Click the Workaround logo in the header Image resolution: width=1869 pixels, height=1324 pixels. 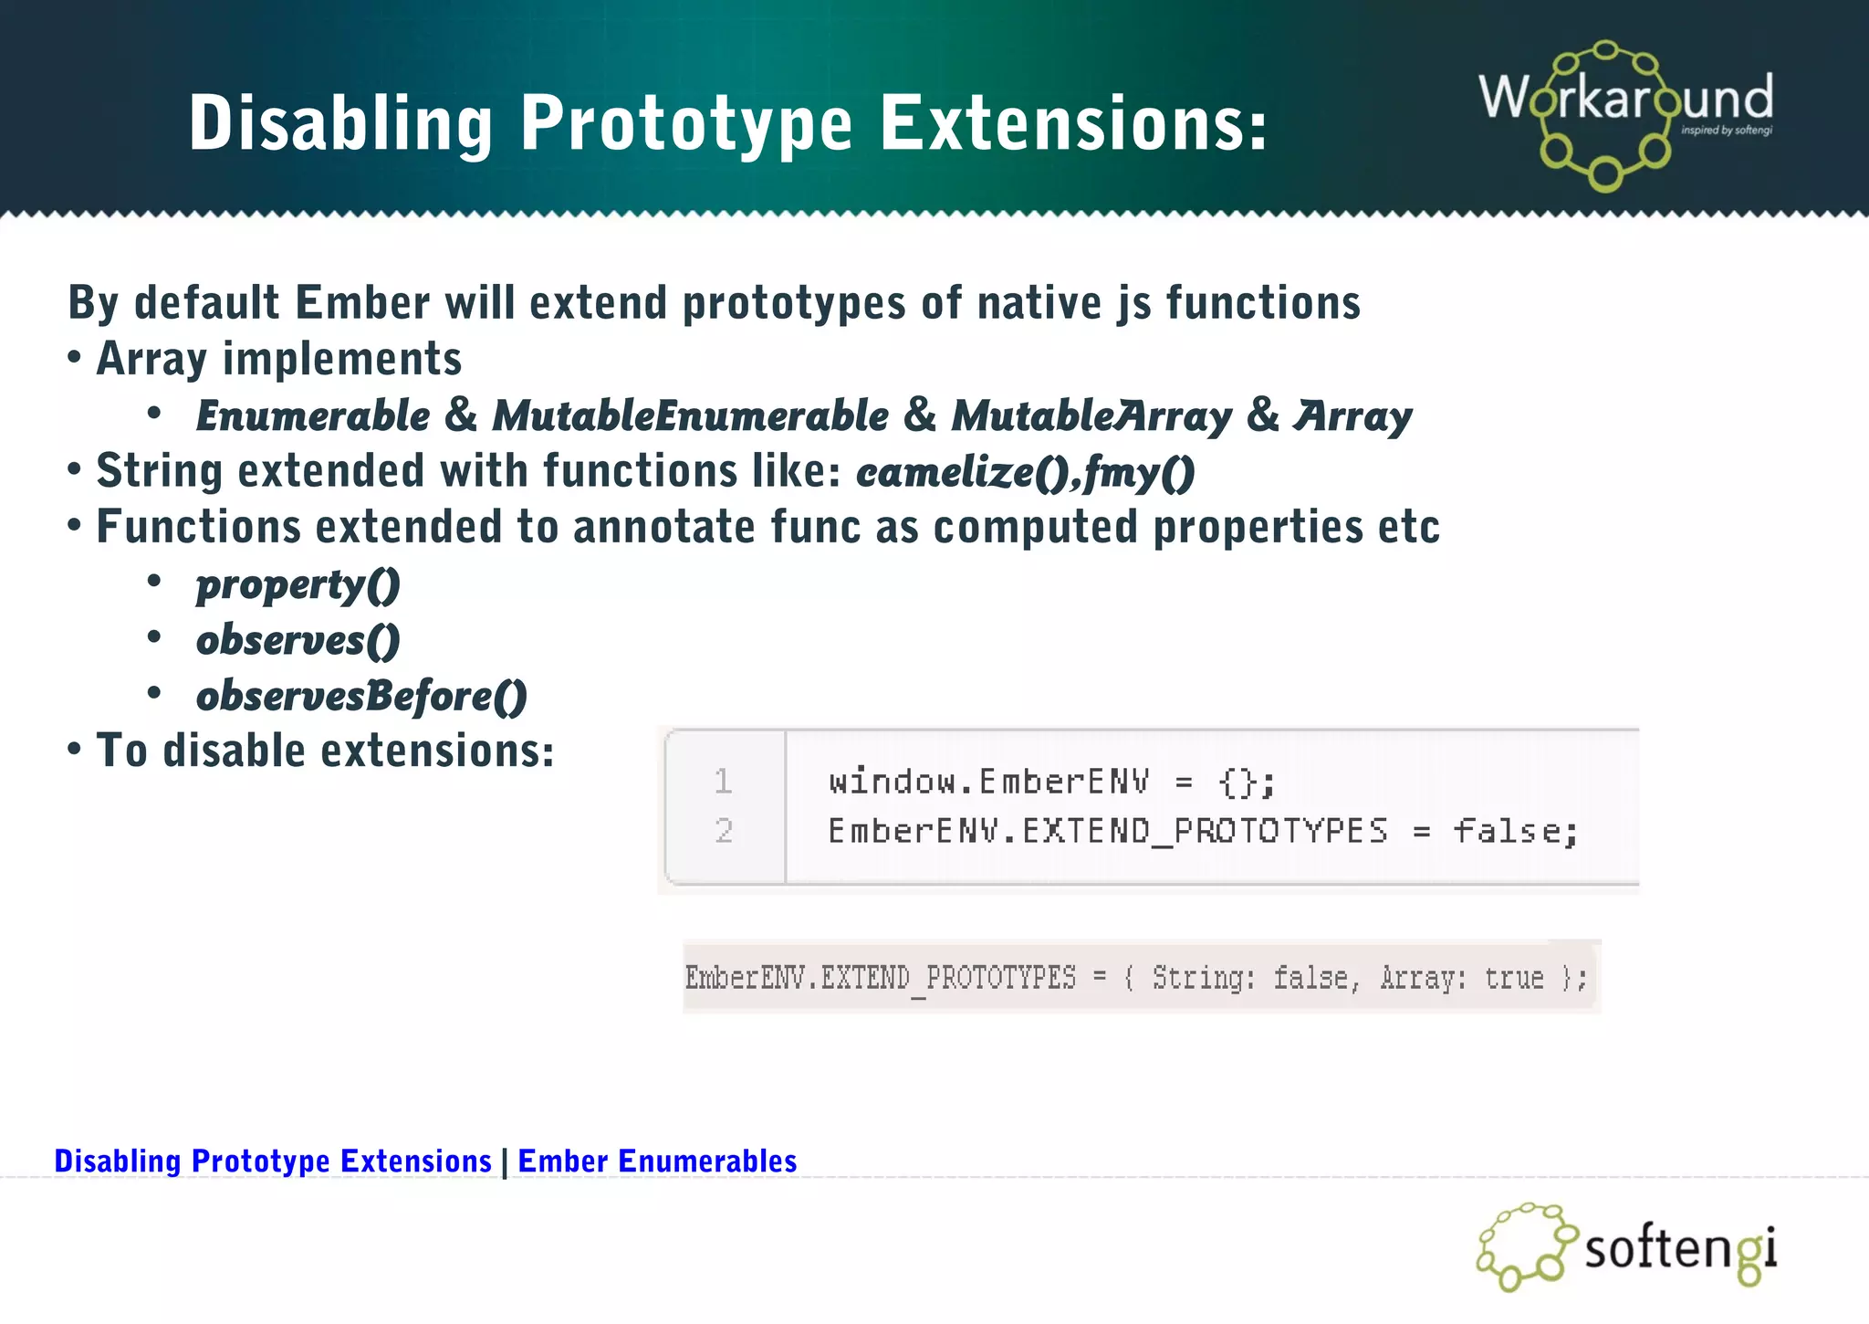(1624, 114)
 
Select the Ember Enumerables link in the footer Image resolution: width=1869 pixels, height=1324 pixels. (657, 1161)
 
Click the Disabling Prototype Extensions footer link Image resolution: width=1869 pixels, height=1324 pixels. (273, 1161)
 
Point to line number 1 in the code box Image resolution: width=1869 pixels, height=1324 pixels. (723, 782)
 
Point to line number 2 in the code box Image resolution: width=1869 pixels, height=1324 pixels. (723, 831)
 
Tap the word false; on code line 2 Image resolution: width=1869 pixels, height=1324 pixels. (1515, 831)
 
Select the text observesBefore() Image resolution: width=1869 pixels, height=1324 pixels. (361, 697)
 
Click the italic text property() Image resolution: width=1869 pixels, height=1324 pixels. (298, 585)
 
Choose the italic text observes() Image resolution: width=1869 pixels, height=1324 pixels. (298, 641)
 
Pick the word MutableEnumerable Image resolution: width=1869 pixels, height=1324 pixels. (690, 416)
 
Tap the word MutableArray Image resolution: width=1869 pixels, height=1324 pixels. (1091, 416)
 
